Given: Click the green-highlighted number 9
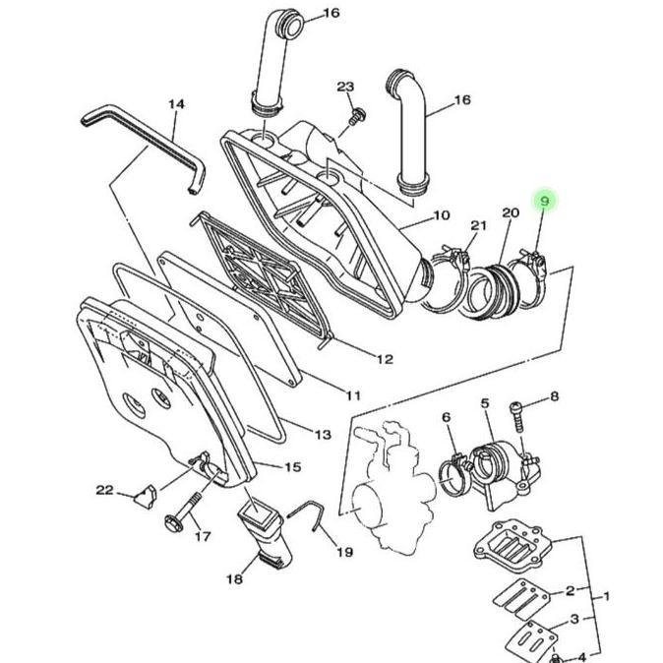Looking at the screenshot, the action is point(545,202).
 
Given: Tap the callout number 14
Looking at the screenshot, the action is point(177,104).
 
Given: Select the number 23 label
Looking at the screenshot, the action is point(345,87).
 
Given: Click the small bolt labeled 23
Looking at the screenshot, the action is point(357,116).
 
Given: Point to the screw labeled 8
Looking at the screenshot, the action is point(517,416).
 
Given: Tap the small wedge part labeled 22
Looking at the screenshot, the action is point(146,497).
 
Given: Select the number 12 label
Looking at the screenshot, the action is point(385,359).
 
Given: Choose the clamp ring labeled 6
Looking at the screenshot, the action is point(454,476).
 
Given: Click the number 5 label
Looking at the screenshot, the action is point(485,403).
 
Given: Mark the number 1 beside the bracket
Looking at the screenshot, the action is point(606,597).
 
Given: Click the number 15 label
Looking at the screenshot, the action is point(292,467).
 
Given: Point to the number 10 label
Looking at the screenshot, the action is point(442,215).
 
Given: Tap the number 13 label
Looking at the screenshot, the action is point(323,435).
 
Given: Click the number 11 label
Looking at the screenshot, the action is point(353,395).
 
